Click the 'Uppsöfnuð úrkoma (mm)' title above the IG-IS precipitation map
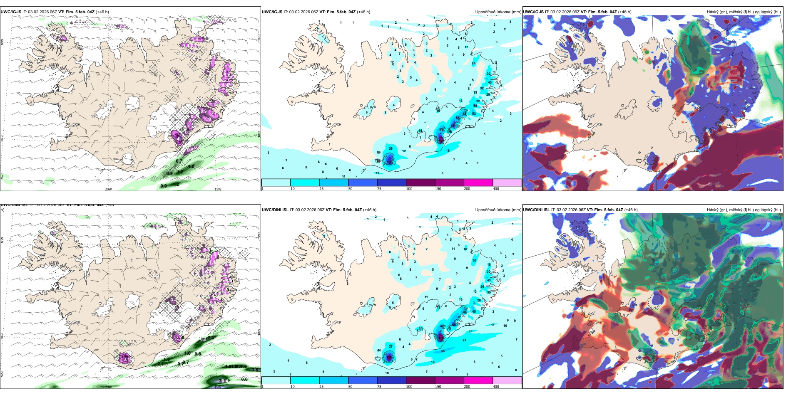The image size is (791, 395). [498, 12]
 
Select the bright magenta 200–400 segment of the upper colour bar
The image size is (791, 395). [478, 183]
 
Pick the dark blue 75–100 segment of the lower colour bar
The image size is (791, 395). [391, 380]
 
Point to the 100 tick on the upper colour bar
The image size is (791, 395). [409, 189]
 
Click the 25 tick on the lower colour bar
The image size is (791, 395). [321, 387]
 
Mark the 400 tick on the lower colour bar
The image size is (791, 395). [496, 387]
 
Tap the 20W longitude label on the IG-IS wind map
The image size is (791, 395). [108, 189]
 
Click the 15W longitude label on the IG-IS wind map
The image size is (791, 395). [218, 189]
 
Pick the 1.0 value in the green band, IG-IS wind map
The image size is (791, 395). [191, 166]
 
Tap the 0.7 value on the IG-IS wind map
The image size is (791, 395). [179, 161]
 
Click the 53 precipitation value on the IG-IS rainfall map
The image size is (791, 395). [474, 114]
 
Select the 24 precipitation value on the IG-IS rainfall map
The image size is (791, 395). [473, 64]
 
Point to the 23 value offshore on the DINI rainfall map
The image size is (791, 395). [464, 340]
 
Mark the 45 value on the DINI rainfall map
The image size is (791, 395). [474, 311]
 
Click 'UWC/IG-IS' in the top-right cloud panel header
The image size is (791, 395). [533, 12]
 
